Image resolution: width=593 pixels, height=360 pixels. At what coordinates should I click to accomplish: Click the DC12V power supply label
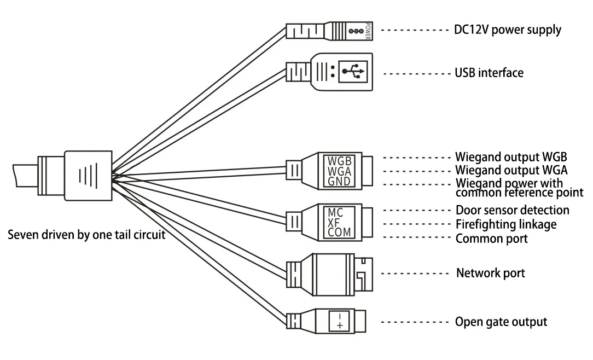click(508, 30)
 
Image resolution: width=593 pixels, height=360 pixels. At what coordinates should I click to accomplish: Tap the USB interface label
click(489, 72)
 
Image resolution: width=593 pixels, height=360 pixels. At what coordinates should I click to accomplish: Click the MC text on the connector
click(335, 212)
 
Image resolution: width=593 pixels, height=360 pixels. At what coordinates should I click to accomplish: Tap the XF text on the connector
click(335, 223)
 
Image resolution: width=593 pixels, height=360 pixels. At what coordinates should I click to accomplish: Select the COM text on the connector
click(340, 233)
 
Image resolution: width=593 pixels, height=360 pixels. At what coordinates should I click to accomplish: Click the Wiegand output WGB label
click(511, 157)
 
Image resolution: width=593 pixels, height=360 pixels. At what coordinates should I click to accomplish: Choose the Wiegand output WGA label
click(511, 170)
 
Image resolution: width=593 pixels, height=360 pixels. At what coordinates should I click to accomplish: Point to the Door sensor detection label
click(513, 210)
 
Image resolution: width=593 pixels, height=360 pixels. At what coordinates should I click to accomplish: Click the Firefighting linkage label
click(506, 224)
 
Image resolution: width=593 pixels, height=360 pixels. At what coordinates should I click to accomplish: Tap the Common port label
click(491, 239)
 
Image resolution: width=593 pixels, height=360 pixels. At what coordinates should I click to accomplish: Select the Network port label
click(491, 272)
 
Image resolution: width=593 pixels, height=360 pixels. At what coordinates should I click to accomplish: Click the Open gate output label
click(501, 322)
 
